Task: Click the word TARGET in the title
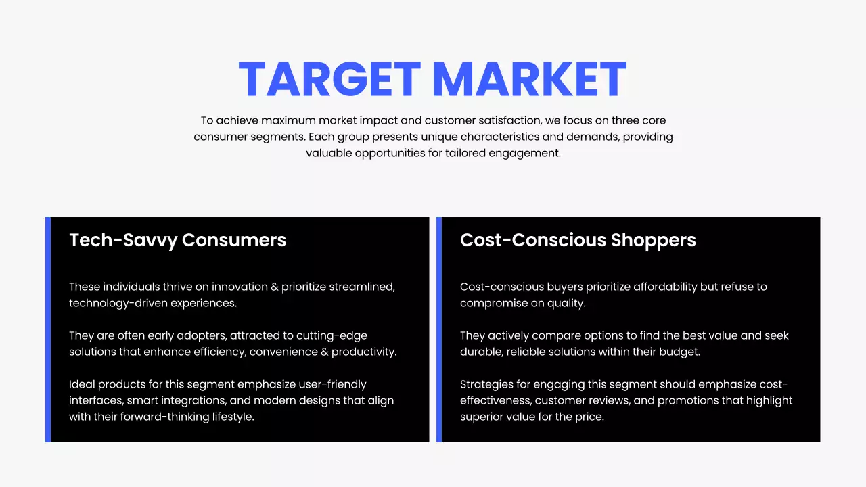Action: click(x=329, y=79)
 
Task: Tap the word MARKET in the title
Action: click(x=529, y=79)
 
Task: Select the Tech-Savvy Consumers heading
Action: click(x=177, y=240)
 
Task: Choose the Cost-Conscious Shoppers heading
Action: click(x=578, y=240)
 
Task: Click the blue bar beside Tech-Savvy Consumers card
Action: click(x=48, y=329)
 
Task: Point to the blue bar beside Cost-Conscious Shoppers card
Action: click(x=439, y=329)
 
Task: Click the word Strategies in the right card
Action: click(x=487, y=384)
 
